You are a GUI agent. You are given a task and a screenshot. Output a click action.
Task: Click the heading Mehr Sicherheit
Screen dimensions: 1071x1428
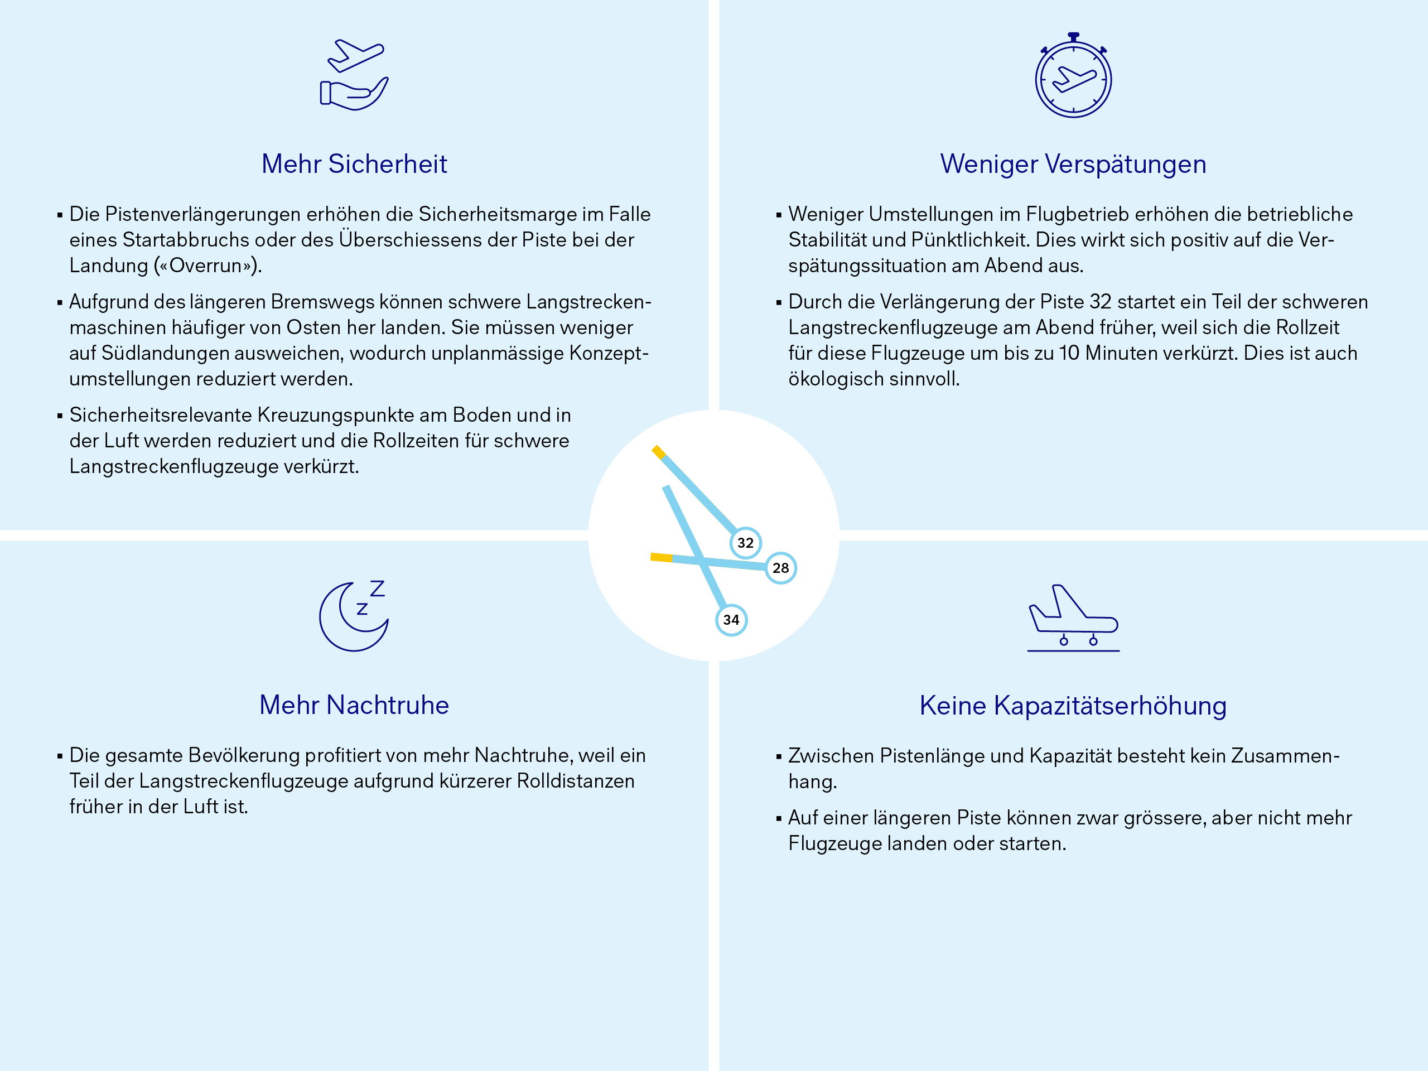click(x=354, y=164)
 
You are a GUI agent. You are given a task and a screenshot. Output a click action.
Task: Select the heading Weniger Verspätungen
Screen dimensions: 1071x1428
click(x=1073, y=164)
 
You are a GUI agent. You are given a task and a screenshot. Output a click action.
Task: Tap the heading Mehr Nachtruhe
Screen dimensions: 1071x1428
click(x=354, y=705)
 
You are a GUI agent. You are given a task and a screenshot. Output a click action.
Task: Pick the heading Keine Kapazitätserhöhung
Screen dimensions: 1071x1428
click(x=1073, y=706)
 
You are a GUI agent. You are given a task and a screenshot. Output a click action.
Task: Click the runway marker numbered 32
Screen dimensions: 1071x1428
click(x=745, y=543)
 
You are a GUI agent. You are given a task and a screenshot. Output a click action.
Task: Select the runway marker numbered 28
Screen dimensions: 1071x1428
click(x=780, y=568)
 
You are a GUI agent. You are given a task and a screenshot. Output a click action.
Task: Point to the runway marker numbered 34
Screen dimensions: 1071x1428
click(x=731, y=620)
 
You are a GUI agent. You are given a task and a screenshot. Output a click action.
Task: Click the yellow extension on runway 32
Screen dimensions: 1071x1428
click(x=658, y=452)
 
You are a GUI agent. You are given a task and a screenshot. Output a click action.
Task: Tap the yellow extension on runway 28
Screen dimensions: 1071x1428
click(x=661, y=557)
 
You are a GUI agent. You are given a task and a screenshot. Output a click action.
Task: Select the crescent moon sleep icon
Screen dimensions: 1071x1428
click(x=354, y=616)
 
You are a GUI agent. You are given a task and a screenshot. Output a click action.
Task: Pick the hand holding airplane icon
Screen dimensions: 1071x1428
click(x=354, y=74)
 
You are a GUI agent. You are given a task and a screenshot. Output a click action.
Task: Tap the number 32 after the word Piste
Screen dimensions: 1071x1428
click(x=1100, y=302)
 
